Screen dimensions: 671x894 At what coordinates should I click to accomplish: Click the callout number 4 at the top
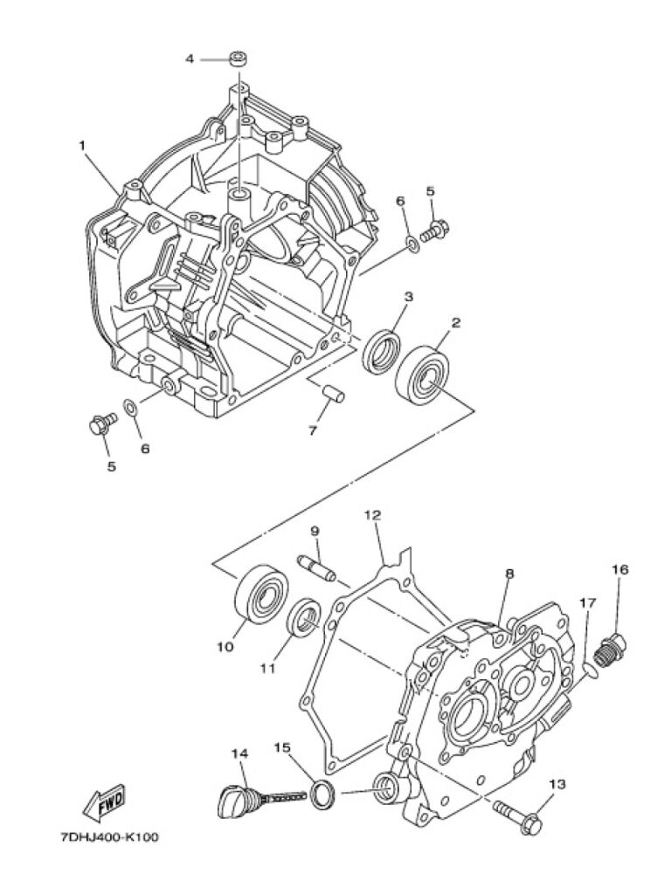[190, 58]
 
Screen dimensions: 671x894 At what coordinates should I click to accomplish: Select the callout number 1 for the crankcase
[82, 146]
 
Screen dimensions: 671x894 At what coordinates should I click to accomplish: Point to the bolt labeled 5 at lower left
[103, 423]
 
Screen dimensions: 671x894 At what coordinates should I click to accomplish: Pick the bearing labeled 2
[423, 374]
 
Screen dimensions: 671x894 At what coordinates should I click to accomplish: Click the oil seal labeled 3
[382, 352]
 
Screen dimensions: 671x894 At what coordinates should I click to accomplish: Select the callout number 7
[313, 431]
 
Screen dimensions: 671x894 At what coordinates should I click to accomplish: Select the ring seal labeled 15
[323, 793]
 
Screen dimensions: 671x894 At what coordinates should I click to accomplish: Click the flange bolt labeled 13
[518, 815]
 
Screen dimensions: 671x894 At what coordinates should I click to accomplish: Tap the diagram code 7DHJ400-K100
[109, 837]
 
